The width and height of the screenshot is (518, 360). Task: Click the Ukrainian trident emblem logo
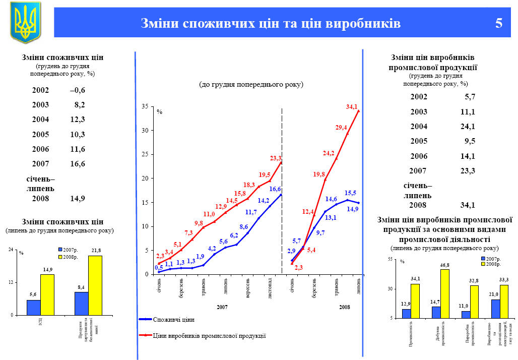(x=25, y=22)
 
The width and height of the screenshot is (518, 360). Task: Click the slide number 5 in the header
(x=499, y=24)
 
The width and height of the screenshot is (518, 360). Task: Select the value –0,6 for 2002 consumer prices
(x=78, y=90)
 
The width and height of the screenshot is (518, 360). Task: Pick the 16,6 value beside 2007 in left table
(x=78, y=163)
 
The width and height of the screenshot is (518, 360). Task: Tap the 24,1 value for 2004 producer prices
(x=468, y=127)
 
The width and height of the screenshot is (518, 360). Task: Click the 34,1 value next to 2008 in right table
(x=468, y=205)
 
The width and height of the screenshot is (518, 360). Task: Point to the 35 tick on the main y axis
(x=145, y=107)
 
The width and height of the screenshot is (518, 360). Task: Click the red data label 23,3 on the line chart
(x=276, y=158)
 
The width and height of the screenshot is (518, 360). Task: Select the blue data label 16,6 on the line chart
(x=275, y=189)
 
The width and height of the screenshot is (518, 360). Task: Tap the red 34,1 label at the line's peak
(x=352, y=107)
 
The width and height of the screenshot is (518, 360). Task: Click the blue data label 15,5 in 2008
(x=351, y=193)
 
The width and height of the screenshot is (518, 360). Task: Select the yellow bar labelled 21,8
(x=95, y=285)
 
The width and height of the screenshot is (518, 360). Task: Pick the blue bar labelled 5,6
(x=33, y=308)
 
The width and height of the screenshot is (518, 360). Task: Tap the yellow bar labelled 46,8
(x=444, y=293)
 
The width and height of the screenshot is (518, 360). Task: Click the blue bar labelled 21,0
(x=495, y=309)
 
